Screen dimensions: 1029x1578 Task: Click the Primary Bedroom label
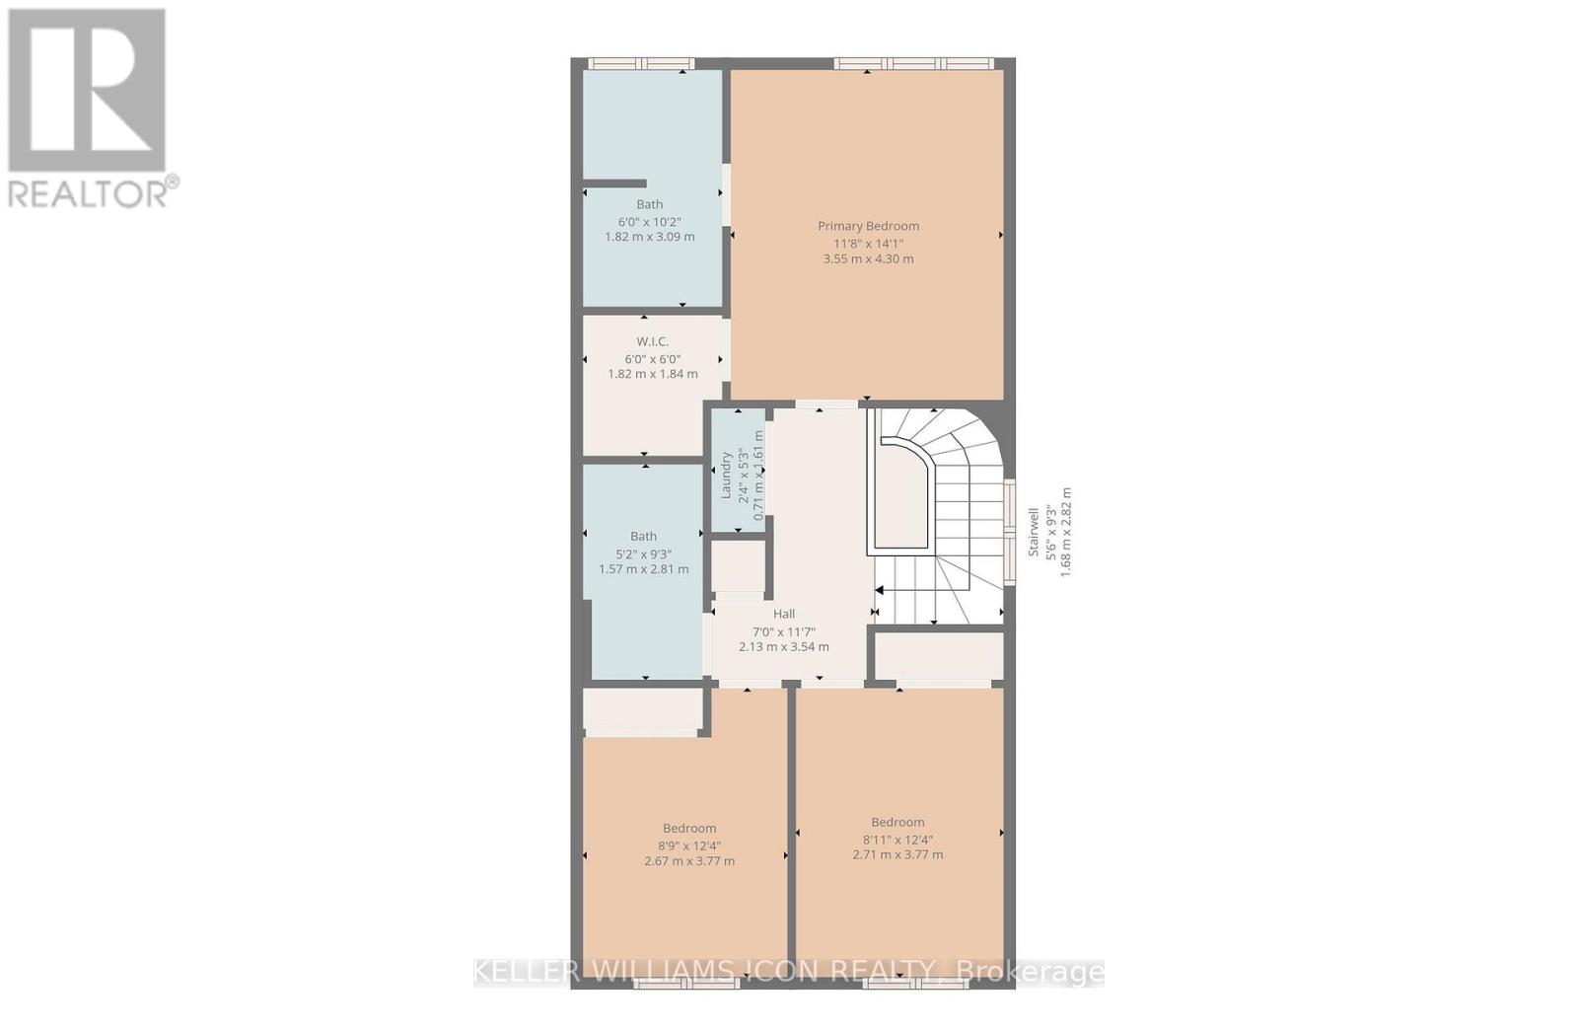pyautogui.click(x=868, y=226)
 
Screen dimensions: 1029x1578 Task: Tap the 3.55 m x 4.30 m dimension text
pyautogui.click(x=868, y=259)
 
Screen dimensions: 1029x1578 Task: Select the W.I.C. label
pyautogui.click(x=652, y=341)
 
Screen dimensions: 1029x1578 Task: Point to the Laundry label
pyautogui.click(x=726, y=475)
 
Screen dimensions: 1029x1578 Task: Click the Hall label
pyautogui.click(x=784, y=614)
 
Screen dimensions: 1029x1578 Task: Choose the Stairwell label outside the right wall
pyautogui.click(x=1034, y=532)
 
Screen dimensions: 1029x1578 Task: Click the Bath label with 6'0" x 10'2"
pyautogui.click(x=649, y=204)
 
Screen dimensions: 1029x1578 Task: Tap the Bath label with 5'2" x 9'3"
pyautogui.click(x=643, y=537)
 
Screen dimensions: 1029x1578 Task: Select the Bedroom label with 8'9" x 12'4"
pyautogui.click(x=689, y=829)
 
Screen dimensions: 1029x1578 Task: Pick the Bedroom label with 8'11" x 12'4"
pyautogui.click(x=897, y=822)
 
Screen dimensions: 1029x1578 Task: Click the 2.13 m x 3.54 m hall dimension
pyautogui.click(x=784, y=647)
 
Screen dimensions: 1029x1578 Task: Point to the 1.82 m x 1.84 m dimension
pyautogui.click(x=652, y=374)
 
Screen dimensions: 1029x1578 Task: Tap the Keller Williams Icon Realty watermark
pyautogui.click(x=789, y=972)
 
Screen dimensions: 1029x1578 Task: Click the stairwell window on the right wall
pyautogui.click(x=1010, y=533)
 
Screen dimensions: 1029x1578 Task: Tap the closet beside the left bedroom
pyautogui.click(x=642, y=709)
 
